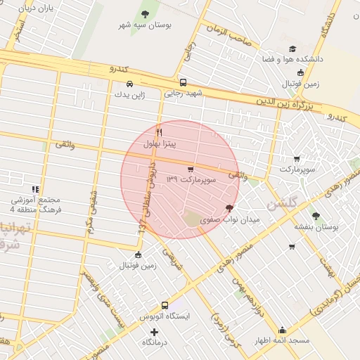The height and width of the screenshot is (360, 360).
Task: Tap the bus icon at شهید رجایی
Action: point(184,82)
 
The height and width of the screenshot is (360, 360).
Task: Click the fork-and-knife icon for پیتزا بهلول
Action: point(160,132)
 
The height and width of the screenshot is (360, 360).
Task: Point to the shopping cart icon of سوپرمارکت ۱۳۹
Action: point(191,169)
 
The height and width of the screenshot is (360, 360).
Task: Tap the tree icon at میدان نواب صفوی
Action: point(229,208)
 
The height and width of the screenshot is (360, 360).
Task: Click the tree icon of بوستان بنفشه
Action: point(315,216)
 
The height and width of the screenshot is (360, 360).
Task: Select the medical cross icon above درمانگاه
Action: point(155,331)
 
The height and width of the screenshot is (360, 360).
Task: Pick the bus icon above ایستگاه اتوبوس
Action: point(165,305)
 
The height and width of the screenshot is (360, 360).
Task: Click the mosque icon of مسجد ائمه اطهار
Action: point(283,330)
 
